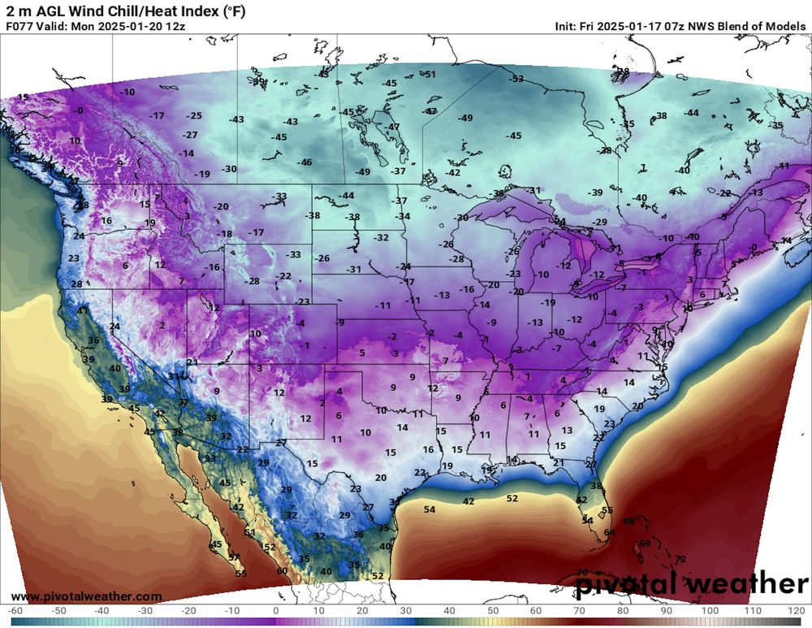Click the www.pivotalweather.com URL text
tap(86, 596)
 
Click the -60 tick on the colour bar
tap(14, 610)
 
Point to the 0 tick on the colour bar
tap(275, 610)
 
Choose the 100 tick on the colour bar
tap(710, 610)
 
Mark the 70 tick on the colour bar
tap(580, 610)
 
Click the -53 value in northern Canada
tap(516, 79)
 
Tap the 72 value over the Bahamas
tap(680, 559)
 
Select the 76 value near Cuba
tap(581, 572)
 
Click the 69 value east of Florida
tap(645, 544)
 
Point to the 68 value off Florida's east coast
tap(628, 521)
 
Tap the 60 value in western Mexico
tap(282, 571)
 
